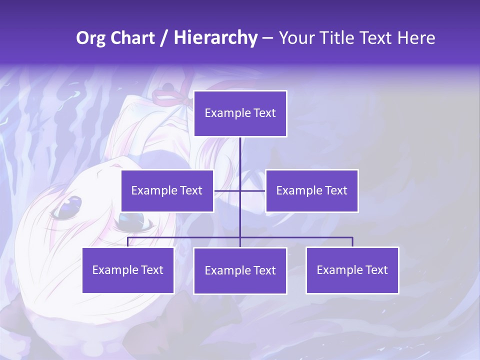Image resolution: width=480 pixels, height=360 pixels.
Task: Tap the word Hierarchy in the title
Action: point(215,38)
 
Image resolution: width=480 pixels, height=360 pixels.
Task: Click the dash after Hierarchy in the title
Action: point(267,38)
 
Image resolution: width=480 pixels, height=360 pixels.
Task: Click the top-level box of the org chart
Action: point(240,113)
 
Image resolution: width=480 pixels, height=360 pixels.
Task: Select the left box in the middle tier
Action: point(167,190)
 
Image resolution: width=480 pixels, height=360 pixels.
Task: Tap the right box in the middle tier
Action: point(311,190)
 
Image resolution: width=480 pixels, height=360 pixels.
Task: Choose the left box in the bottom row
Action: point(128,270)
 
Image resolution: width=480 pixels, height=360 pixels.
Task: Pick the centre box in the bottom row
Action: point(240,270)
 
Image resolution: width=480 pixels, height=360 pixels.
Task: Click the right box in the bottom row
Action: point(352,270)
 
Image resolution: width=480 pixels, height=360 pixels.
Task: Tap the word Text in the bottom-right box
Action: point(376,270)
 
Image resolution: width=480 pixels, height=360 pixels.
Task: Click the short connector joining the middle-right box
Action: point(253,190)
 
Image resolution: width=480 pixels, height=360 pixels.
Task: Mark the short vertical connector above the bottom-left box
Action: point(128,242)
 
